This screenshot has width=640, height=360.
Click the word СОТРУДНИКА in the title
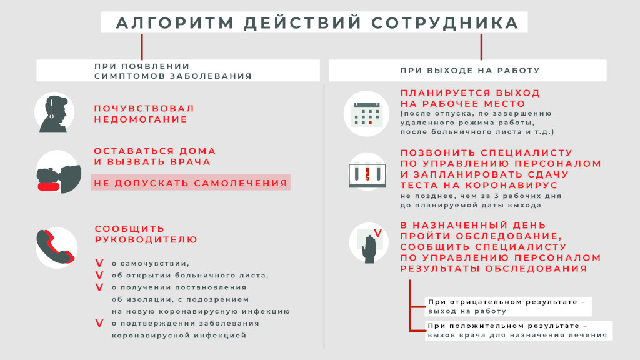pyautogui.click(x=444, y=22)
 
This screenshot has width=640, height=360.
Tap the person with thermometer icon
pyautogui.click(x=55, y=113)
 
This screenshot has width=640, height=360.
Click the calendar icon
pyautogui.click(x=365, y=114)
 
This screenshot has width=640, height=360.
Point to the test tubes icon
pyautogui.click(x=365, y=172)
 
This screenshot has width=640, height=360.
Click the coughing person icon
pyautogui.click(x=55, y=172)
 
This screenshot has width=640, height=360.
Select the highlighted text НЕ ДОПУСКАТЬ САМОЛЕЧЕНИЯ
pyautogui.click(x=191, y=183)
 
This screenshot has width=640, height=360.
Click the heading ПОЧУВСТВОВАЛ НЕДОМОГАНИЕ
pyautogui.click(x=144, y=114)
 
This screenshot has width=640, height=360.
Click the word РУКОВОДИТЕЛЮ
pyautogui.click(x=146, y=239)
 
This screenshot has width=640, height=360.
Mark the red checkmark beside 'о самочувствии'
pyautogui.click(x=99, y=264)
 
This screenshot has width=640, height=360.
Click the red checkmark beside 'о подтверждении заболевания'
pyautogui.click(x=99, y=323)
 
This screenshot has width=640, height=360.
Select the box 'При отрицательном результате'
pyautogui.click(x=507, y=306)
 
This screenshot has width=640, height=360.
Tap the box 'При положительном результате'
pyautogui.click(x=517, y=330)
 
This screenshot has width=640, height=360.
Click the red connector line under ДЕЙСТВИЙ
pyautogui.click(x=142, y=46)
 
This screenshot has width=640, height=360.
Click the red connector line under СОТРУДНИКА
pyautogui.click(x=481, y=46)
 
